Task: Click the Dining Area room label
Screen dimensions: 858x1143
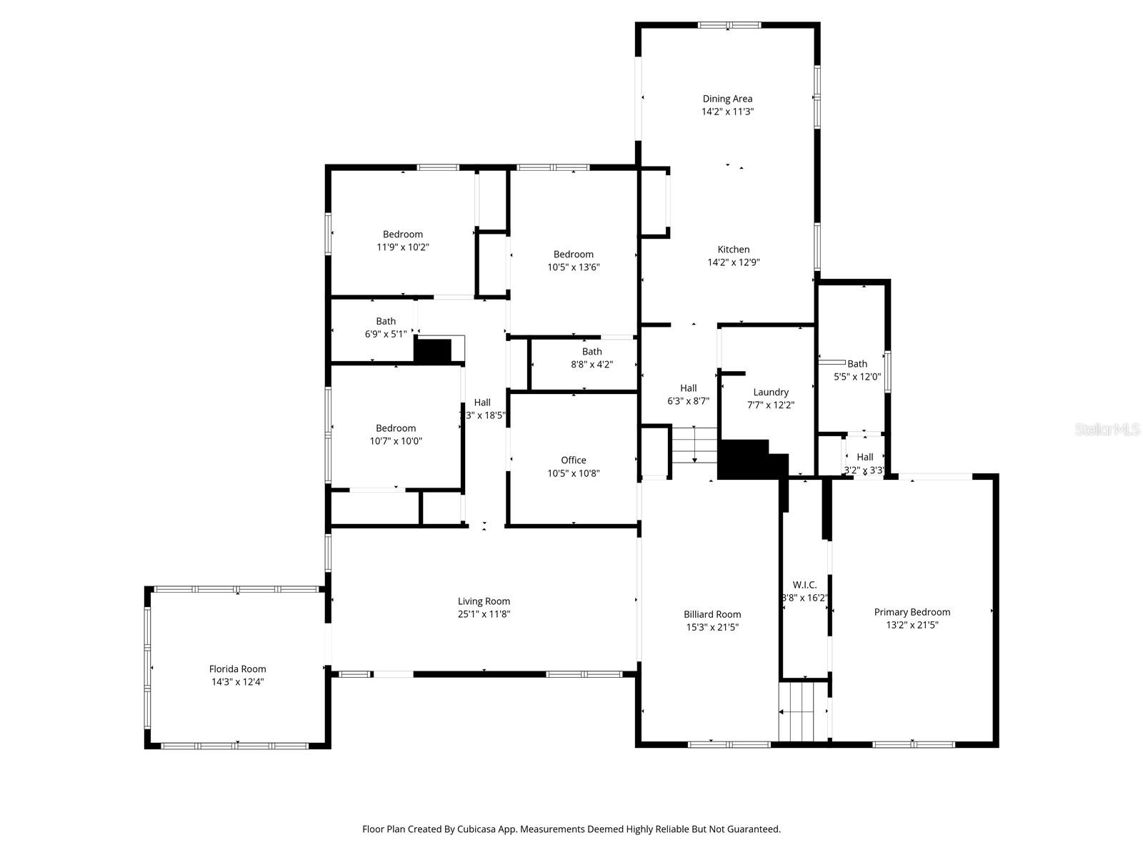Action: [727, 99]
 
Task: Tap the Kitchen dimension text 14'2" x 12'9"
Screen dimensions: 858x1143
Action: [734, 262]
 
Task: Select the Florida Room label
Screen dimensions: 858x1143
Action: [237, 669]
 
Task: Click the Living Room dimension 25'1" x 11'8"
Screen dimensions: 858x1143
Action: [484, 614]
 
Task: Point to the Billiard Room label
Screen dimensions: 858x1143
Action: [712, 614]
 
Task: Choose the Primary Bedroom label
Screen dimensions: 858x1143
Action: [912, 612]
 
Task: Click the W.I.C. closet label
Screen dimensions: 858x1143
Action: [804, 585]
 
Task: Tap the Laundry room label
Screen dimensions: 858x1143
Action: [771, 392]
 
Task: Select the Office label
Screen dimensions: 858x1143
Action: [573, 460]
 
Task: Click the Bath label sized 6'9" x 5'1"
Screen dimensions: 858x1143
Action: [386, 321]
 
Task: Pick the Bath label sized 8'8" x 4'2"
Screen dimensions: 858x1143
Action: [592, 351]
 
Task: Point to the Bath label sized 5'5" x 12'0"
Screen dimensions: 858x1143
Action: [857, 364]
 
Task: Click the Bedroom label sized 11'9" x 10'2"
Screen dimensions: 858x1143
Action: [403, 235]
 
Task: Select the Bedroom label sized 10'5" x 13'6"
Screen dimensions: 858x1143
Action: [573, 255]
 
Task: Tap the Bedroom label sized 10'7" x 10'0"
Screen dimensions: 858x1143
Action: [396, 428]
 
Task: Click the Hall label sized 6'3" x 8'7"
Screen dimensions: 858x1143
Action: [689, 388]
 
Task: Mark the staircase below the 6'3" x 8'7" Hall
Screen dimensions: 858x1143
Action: [694, 445]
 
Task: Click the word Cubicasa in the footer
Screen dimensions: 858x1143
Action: [485, 829]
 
